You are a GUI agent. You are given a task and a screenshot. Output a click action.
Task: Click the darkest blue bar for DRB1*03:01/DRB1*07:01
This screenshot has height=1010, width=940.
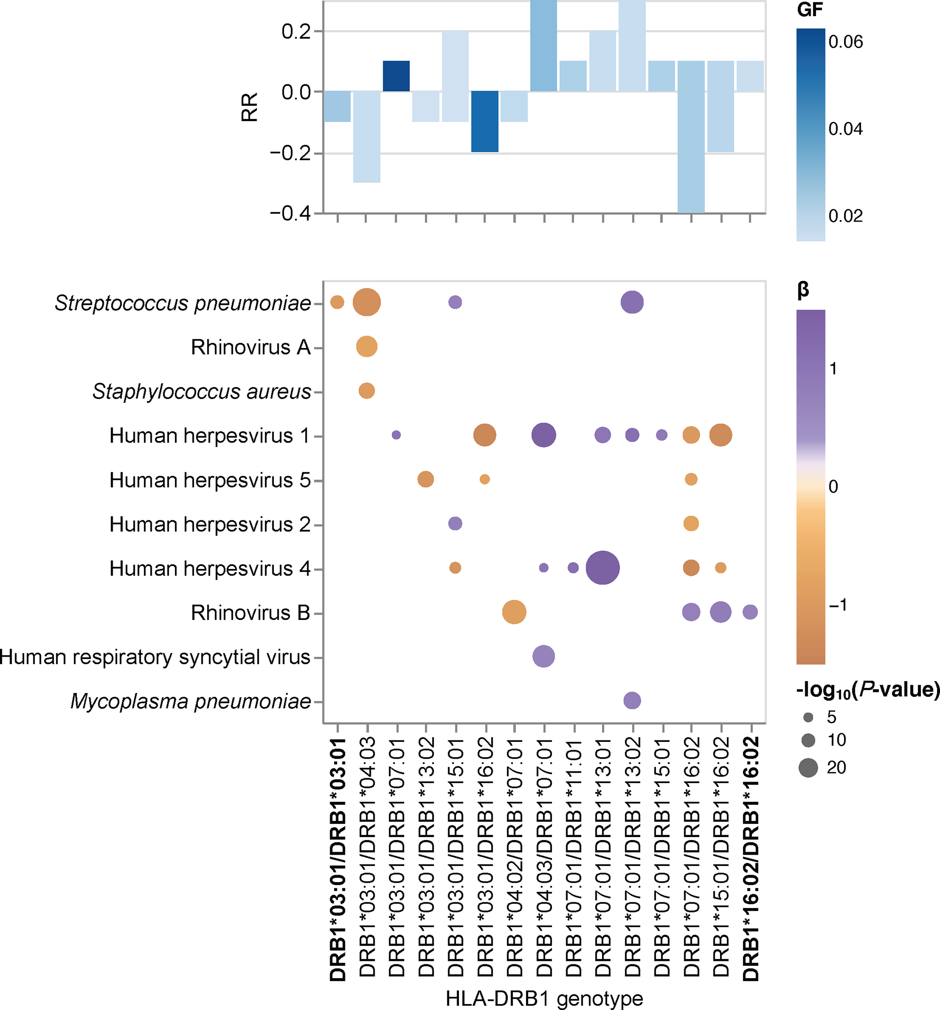click(396, 76)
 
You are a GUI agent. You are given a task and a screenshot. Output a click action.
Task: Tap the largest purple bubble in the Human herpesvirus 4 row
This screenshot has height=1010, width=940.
click(603, 567)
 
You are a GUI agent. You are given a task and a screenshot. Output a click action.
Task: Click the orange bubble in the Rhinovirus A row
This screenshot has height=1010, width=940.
click(367, 346)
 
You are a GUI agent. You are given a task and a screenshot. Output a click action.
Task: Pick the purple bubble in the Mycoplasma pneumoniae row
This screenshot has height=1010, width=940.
click(632, 701)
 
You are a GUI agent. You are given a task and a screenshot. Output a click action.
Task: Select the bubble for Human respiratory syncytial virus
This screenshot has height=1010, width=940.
click(543, 656)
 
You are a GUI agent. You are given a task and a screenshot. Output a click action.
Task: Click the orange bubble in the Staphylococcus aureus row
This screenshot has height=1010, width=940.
click(367, 391)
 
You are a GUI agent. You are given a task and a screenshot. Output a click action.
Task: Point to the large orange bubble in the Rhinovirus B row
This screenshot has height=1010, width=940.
click(514, 612)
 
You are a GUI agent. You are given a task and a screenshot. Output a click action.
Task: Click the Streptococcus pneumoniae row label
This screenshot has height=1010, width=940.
click(183, 303)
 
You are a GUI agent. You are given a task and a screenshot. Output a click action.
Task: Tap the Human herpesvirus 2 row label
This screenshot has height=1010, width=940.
click(210, 524)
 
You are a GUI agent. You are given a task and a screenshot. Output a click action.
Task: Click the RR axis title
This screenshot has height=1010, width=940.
click(249, 107)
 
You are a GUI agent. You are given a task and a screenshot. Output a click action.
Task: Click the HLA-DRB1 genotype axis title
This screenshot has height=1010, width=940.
click(544, 998)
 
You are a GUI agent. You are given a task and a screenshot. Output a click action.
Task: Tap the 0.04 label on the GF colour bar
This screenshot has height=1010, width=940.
click(845, 129)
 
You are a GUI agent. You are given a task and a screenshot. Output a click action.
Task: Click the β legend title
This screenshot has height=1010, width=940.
click(803, 290)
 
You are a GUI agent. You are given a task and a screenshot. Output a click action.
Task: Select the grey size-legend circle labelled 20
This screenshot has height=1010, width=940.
click(808, 767)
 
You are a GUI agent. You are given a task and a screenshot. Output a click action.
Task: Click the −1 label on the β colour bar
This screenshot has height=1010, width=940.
click(838, 605)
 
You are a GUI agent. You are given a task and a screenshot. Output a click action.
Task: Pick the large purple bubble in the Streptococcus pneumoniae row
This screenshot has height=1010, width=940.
click(632, 302)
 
